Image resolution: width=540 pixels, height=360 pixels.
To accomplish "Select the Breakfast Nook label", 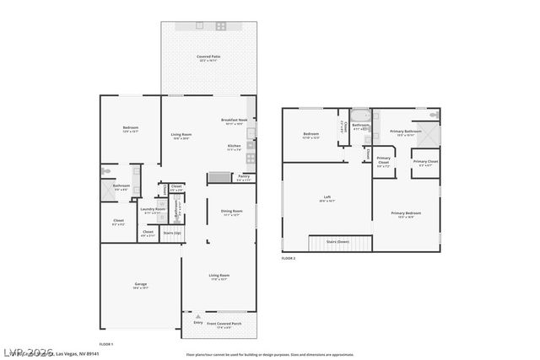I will point(234,120).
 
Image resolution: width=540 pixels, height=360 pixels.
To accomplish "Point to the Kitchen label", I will point(234,146).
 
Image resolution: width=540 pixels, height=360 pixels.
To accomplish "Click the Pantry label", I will point(243,177).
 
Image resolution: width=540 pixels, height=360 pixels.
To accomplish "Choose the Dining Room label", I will point(232,211).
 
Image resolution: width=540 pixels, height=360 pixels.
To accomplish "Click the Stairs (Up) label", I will point(172,232).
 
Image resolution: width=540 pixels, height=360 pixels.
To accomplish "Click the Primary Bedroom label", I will point(406,213).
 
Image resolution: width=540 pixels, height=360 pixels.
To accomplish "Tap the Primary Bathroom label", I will point(406,132).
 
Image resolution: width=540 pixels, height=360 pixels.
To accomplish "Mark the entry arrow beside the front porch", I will point(198,315).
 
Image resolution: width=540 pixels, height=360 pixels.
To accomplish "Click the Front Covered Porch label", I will point(224,323).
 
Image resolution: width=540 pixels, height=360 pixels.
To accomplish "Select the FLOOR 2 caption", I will point(289,258).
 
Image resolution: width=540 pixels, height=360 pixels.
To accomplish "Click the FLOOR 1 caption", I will point(106,344).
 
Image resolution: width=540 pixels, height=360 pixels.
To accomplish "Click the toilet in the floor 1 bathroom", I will point(105,171).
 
